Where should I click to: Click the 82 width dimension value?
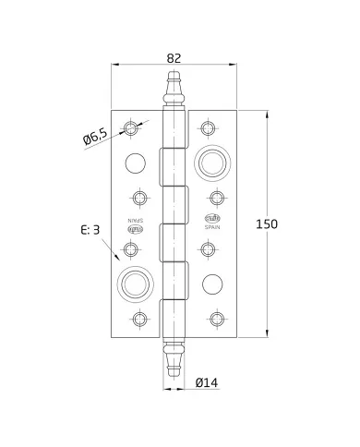(x=174, y=57)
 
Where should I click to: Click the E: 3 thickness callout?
(x=89, y=230)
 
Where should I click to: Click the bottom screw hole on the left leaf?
(x=139, y=320)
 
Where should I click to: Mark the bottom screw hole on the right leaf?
(x=217, y=320)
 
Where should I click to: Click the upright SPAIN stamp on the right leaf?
(x=210, y=222)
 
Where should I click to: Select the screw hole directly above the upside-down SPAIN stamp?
(x=139, y=198)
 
